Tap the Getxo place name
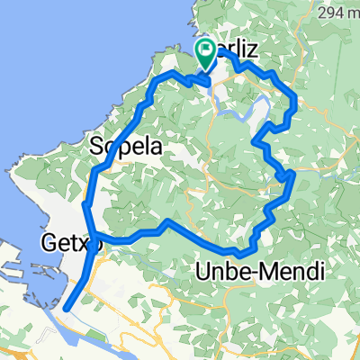69,242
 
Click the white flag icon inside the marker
207,50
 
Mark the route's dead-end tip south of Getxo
67,308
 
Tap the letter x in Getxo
82,242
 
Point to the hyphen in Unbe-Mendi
245,272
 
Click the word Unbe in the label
220,271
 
